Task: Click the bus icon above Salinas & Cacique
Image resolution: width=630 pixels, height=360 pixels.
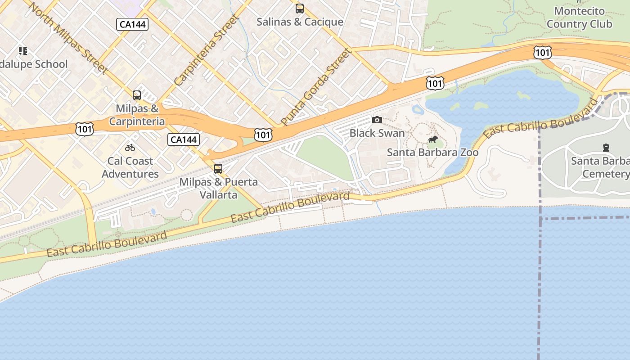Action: click(x=300, y=9)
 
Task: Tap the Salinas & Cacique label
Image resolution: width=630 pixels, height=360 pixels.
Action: click(x=300, y=22)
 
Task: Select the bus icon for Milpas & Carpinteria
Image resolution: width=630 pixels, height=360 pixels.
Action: click(x=137, y=95)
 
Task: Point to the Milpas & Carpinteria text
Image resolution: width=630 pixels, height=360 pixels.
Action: click(x=137, y=115)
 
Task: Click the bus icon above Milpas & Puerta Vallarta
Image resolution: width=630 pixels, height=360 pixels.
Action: click(x=218, y=169)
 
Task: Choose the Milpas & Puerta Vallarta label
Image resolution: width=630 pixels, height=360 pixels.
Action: click(x=219, y=188)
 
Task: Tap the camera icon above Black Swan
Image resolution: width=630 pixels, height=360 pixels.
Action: click(x=377, y=120)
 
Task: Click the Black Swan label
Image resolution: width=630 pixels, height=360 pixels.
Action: click(x=377, y=133)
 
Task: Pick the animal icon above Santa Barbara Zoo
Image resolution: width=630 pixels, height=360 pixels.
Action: click(x=433, y=139)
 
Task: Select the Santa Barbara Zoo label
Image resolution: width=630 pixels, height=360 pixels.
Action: click(x=433, y=153)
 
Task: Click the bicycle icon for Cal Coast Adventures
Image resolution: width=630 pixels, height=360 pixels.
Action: click(x=130, y=148)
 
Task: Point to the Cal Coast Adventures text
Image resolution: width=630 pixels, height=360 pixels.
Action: click(x=130, y=167)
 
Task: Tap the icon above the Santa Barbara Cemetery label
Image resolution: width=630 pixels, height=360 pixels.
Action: click(x=606, y=148)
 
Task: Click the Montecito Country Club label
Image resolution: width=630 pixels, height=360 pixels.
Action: click(x=579, y=18)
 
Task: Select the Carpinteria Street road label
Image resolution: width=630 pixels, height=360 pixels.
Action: click(x=206, y=50)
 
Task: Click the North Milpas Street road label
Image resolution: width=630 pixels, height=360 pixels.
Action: click(x=68, y=37)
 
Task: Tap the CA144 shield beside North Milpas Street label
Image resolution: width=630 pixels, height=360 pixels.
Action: click(x=132, y=24)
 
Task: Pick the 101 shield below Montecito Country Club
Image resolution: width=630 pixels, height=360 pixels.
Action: click(x=543, y=53)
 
